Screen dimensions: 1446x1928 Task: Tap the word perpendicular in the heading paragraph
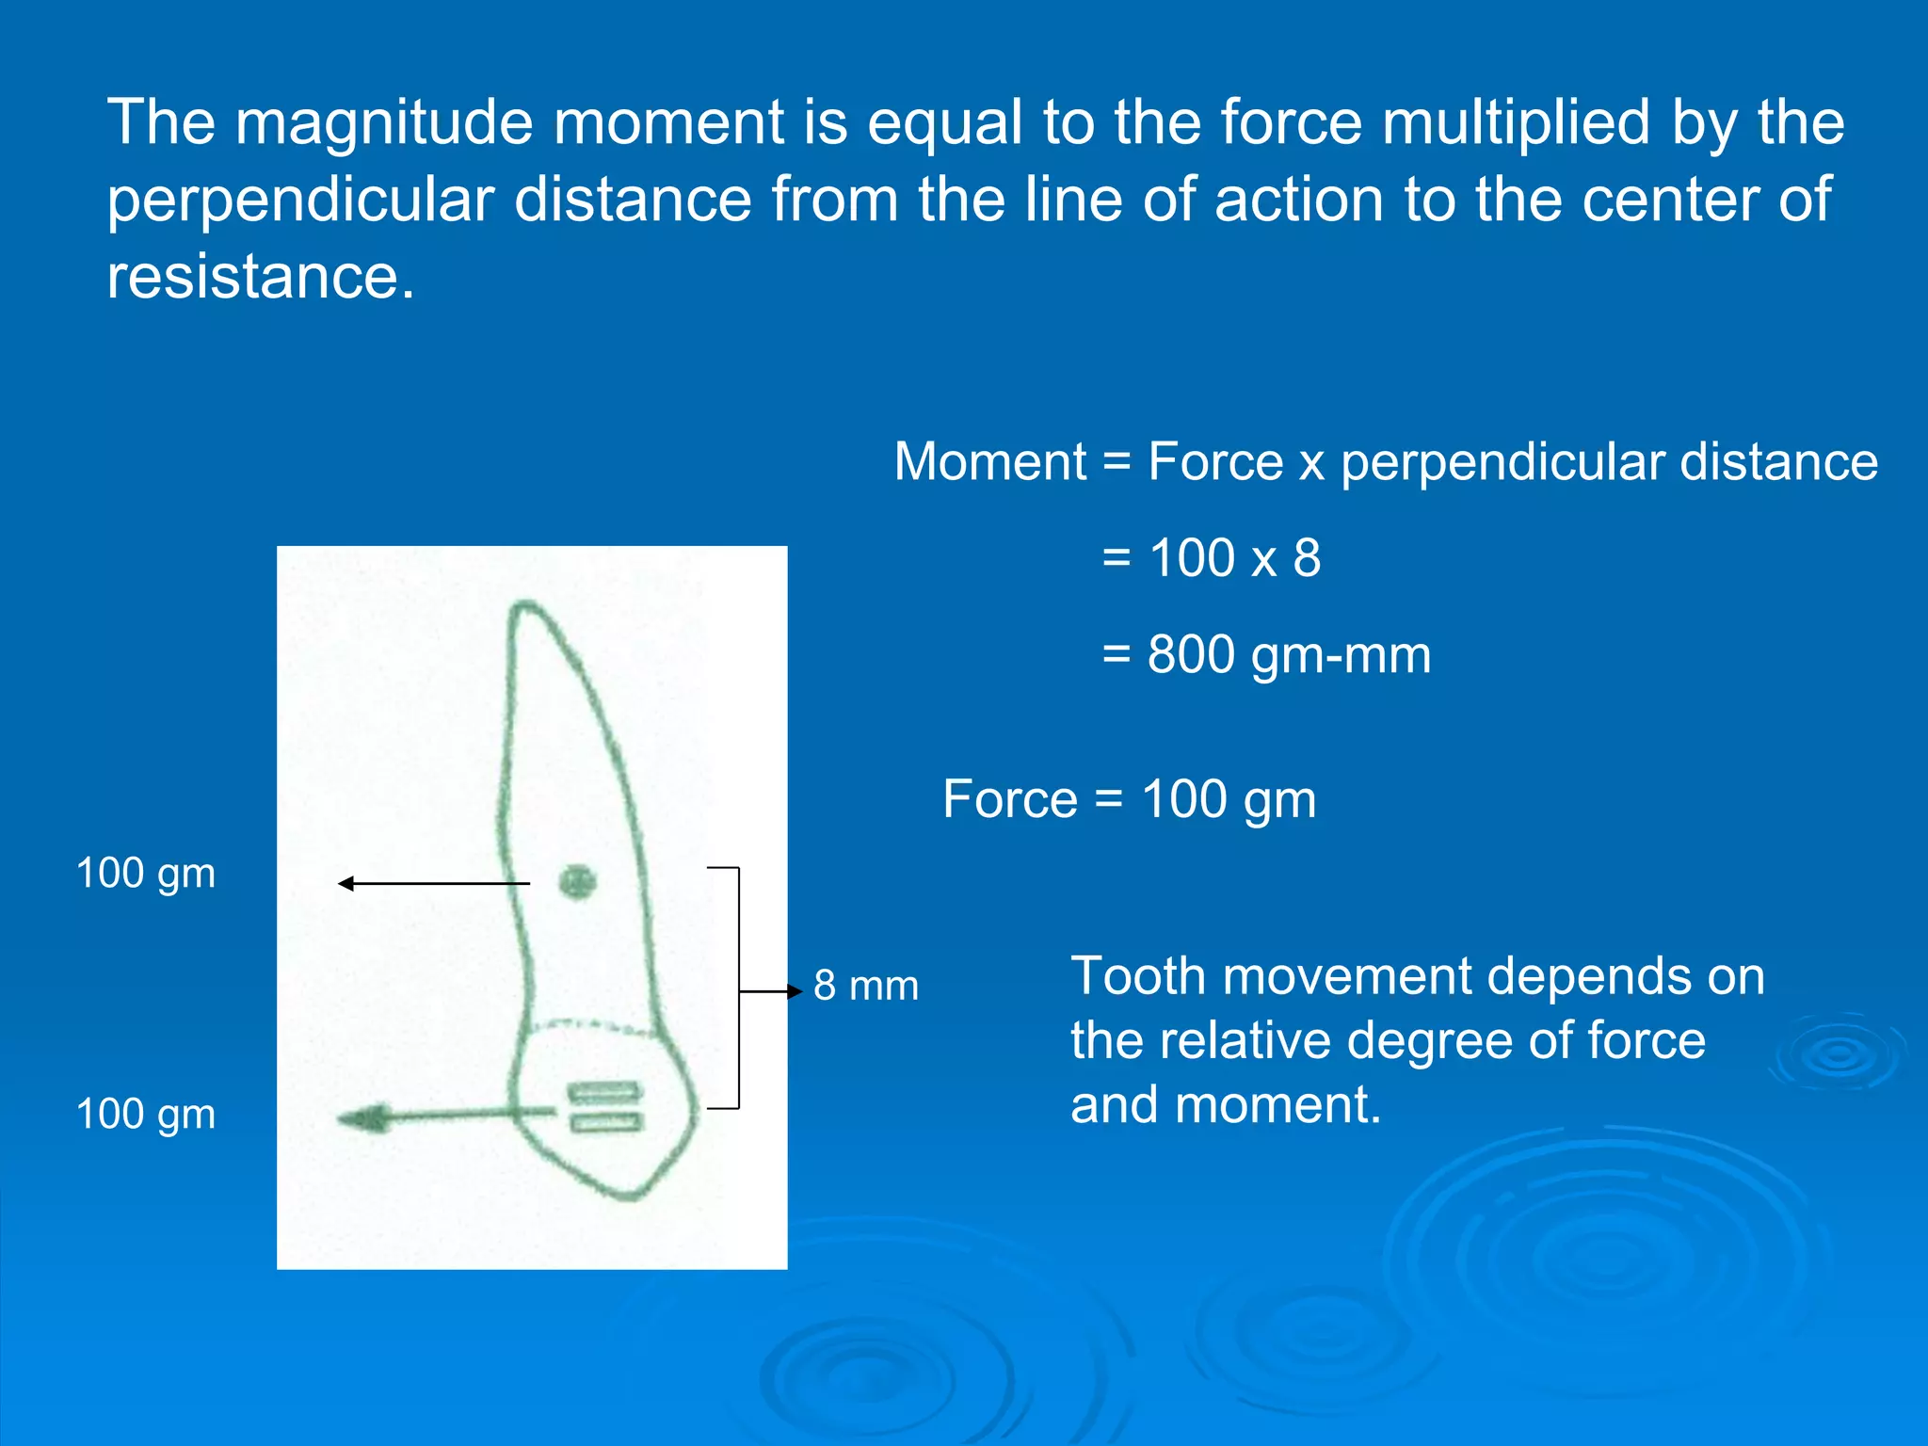[300, 201]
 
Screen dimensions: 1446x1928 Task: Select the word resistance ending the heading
[260, 278]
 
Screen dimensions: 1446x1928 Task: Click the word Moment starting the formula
[989, 462]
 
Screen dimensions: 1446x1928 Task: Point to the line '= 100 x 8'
[1212, 558]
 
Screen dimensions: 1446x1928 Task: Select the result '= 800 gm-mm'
[1266, 655]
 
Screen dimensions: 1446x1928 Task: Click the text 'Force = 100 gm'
[1129, 800]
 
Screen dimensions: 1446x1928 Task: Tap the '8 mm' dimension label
[865, 987]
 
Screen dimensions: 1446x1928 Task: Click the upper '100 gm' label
[146, 874]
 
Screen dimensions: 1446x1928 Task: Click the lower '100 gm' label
[146, 1115]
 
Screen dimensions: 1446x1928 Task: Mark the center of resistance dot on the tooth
[577, 883]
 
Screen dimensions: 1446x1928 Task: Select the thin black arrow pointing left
[433, 883]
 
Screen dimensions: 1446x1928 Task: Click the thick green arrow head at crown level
[361, 1118]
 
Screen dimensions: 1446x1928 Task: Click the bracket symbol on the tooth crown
[604, 1107]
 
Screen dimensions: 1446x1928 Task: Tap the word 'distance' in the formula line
[1778, 462]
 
